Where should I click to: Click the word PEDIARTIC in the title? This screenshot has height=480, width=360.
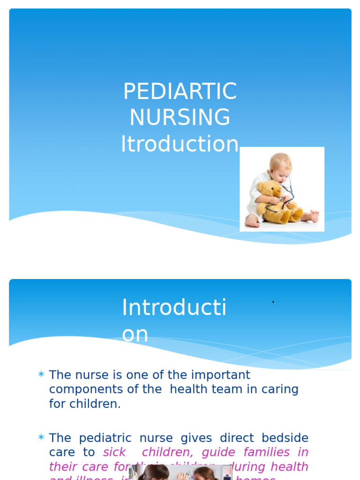click(180, 91)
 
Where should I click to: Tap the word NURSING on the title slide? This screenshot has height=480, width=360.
click(180, 117)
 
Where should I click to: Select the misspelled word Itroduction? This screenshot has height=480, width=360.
click(180, 144)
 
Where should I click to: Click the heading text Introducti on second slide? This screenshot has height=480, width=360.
click(174, 308)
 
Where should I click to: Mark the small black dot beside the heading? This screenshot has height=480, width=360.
click(273, 302)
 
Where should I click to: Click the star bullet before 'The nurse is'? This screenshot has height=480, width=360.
click(41, 375)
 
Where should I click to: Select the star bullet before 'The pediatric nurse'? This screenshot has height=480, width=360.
click(41, 438)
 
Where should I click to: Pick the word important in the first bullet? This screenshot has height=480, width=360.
click(222, 375)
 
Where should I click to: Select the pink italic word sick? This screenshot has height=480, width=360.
click(114, 452)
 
